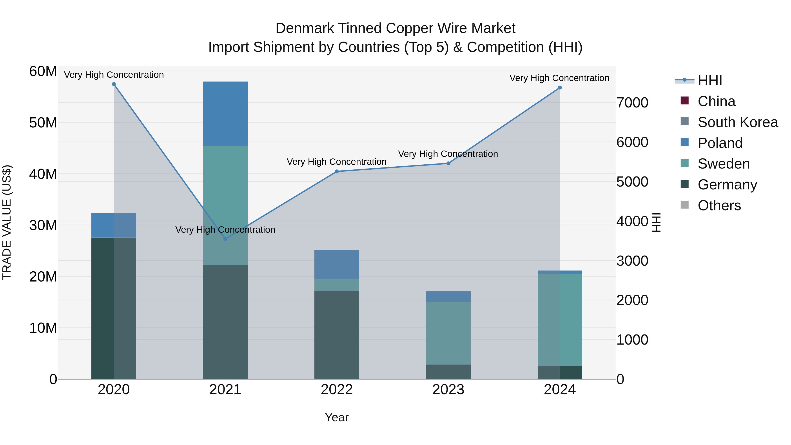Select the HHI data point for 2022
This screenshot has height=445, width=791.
point(337,171)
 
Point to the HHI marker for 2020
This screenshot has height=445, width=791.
point(114,84)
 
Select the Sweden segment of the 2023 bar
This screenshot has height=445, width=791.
point(448,333)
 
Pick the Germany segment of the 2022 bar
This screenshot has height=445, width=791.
point(337,335)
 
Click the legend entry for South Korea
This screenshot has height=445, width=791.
point(738,122)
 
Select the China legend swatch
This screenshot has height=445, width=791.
point(684,101)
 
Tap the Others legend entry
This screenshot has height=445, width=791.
point(719,205)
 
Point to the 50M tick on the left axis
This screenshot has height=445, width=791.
point(43,123)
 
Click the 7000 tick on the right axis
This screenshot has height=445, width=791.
point(632,103)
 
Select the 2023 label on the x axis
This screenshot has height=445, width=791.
point(448,390)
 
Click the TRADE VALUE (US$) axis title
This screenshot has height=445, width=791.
point(7,222)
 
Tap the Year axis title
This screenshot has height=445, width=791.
point(337,417)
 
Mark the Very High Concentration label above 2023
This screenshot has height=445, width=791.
point(448,154)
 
